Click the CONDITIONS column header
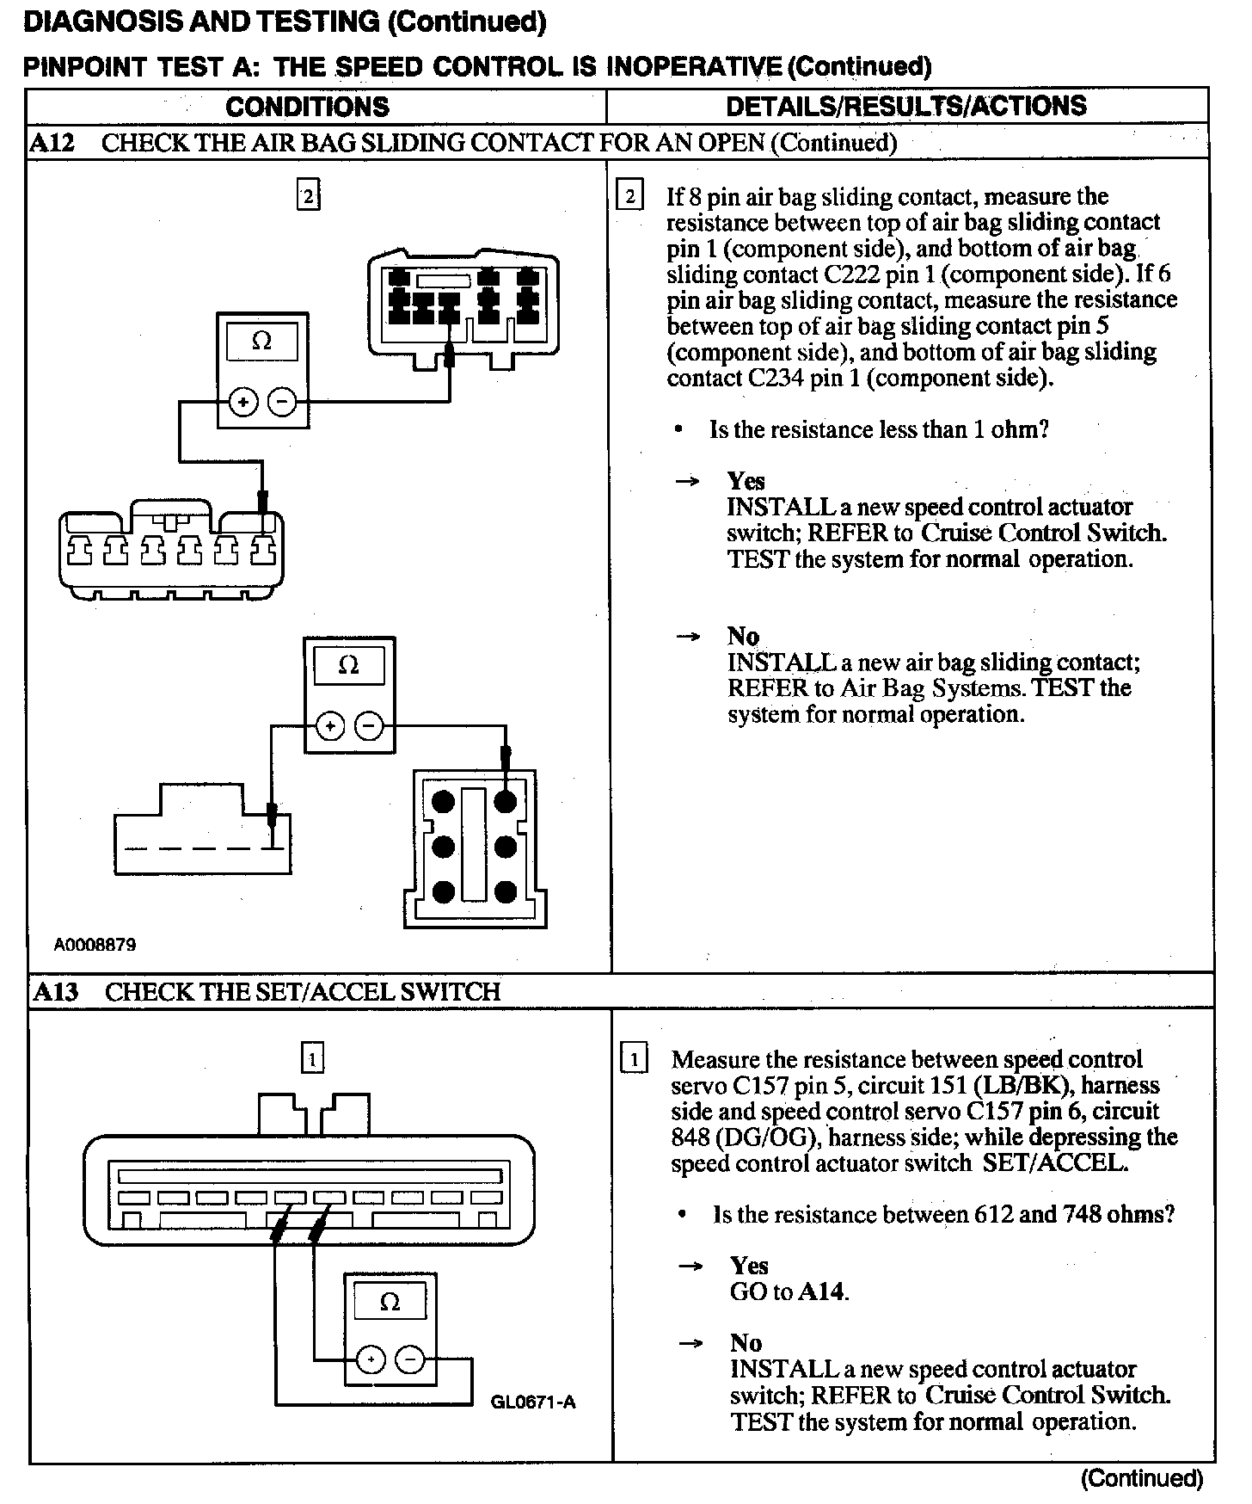(x=307, y=107)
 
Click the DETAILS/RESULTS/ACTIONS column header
(x=906, y=106)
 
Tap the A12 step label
(x=52, y=143)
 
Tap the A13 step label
(x=56, y=991)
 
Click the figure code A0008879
(x=95, y=945)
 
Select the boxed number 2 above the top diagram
(x=308, y=196)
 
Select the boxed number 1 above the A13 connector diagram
(x=312, y=1057)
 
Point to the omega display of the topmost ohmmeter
(x=261, y=342)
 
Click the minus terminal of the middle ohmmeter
(x=370, y=727)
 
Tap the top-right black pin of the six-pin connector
(x=506, y=802)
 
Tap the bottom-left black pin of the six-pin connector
(x=443, y=891)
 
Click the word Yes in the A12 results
(x=746, y=481)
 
